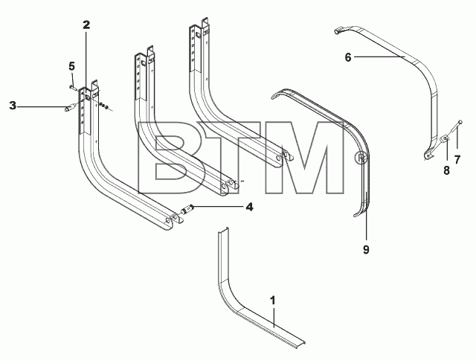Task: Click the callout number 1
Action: [273, 300]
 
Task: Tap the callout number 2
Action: [86, 25]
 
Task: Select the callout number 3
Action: [13, 106]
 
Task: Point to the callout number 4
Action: [249, 207]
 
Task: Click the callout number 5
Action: [71, 65]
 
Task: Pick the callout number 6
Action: [348, 57]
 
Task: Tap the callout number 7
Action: [457, 159]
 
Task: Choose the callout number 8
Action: [446, 170]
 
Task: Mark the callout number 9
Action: [366, 249]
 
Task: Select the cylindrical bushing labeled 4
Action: [186, 209]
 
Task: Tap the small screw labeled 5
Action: [72, 88]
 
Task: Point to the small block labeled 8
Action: [445, 138]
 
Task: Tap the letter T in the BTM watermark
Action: [231, 158]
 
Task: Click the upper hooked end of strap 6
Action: [339, 30]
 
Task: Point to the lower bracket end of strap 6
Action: [428, 155]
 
